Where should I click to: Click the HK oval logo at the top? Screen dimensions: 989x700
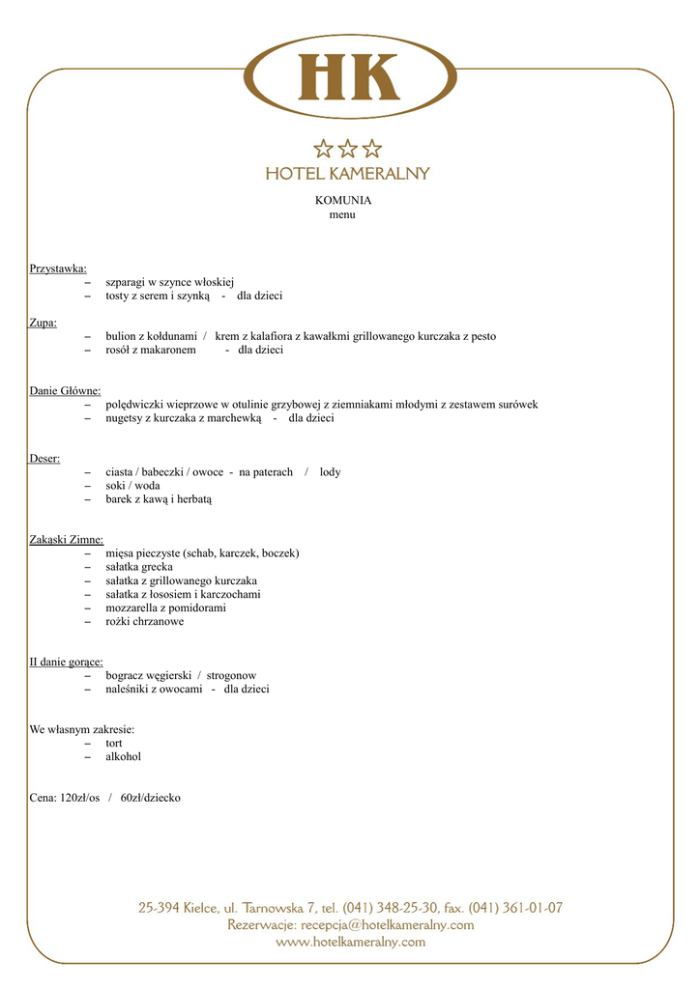click(x=349, y=76)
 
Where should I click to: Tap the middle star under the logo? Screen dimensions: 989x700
click(x=348, y=149)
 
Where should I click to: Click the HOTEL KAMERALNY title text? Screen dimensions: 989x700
click(x=348, y=174)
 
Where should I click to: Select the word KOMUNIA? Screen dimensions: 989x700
click(x=343, y=201)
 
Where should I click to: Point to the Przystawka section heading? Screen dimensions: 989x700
click(x=58, y=268)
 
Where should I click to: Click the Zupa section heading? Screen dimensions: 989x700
click(x=44, y=323)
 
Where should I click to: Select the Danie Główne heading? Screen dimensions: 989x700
click(x=65, y=391)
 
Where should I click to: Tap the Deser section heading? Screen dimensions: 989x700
click(x=44, y=459)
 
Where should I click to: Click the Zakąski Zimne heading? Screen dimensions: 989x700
click(x=67, y=540)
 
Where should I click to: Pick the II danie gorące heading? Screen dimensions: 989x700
click(x=67, y=663)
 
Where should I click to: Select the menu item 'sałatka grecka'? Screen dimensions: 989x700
click(x=139, y=567)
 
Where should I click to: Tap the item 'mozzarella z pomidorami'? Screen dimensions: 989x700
click(x=165, y=608)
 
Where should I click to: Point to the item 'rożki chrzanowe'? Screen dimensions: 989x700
click(x=144, y=622)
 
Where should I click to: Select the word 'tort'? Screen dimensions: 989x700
click(x=114, y=744)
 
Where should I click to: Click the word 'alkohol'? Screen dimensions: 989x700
click(x=123, y=757)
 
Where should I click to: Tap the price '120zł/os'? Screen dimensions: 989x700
click(x=80, y=798)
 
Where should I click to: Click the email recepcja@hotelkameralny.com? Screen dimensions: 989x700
click(x=388, y=925)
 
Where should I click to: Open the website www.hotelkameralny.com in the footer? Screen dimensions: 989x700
click(x=350, y=943)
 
